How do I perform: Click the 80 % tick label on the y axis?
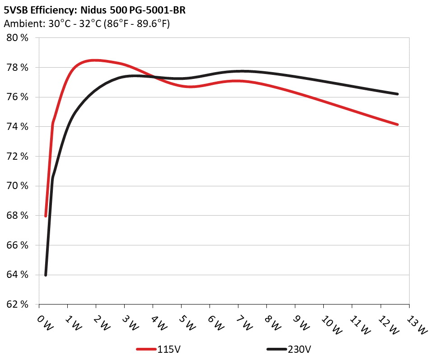point(17,38)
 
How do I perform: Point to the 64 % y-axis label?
point(17,275)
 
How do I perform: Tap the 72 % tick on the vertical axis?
point(17,156)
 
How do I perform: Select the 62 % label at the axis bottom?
point(17,305)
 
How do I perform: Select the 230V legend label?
point(299,349)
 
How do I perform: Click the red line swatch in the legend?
point(147,349)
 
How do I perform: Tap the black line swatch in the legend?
point(277,349)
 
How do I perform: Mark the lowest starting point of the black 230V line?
point(46,275)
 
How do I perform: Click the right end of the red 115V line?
point(397,124)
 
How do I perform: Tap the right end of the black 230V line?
point(397,94)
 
